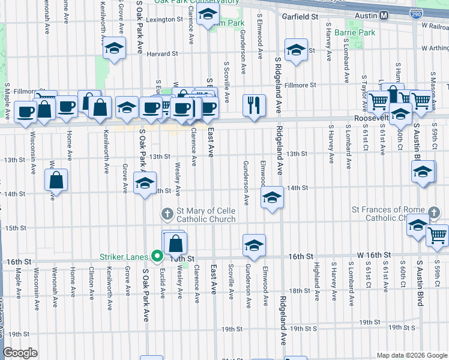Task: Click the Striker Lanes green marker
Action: [x=158, y=256]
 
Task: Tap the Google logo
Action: [x=20, y=352]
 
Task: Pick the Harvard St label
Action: [x=164, y=53]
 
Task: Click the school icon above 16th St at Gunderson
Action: [x=254, y=245]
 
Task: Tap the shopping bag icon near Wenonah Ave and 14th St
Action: [x=56, y=179]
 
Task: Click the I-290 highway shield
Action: [x=418, y=13]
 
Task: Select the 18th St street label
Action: [x=298, y=290]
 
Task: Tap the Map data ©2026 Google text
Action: [x=411, y=355]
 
